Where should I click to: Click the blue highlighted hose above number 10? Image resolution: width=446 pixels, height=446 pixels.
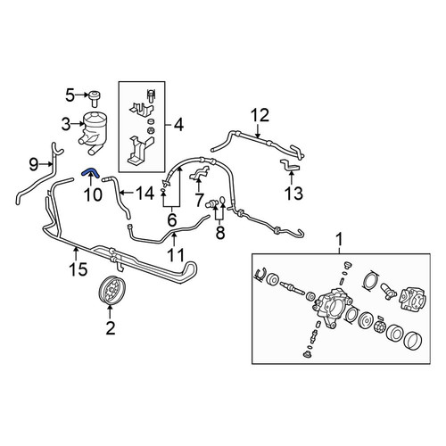[89, 171]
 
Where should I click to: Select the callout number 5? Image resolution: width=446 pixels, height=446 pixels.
[70, 95]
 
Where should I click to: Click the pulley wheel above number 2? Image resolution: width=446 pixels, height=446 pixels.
[111, 290]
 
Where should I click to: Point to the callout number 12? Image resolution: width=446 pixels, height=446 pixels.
[260, 115]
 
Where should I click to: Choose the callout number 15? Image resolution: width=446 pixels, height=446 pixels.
[78, 269]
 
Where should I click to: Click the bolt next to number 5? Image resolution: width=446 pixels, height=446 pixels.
[94, 99]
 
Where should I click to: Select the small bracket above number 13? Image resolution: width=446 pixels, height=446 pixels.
[290, 165]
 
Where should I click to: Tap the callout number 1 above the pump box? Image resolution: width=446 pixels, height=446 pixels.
[339, 239]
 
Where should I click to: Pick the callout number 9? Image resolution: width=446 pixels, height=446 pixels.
[34, 164]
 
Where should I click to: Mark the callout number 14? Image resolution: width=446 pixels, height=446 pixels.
[145, 194]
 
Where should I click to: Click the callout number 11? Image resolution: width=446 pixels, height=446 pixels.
[176, 255]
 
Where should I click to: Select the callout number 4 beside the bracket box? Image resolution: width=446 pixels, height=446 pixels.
[178, 125]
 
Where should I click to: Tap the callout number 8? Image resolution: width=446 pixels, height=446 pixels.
[220, 233]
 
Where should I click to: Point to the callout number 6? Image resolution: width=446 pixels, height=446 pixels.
[172, 220]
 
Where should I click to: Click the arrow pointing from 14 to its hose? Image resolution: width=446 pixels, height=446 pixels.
[127, 194]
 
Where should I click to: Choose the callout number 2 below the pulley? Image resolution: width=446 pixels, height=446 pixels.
[111, 328]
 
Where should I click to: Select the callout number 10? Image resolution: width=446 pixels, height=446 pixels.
[93, 194]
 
